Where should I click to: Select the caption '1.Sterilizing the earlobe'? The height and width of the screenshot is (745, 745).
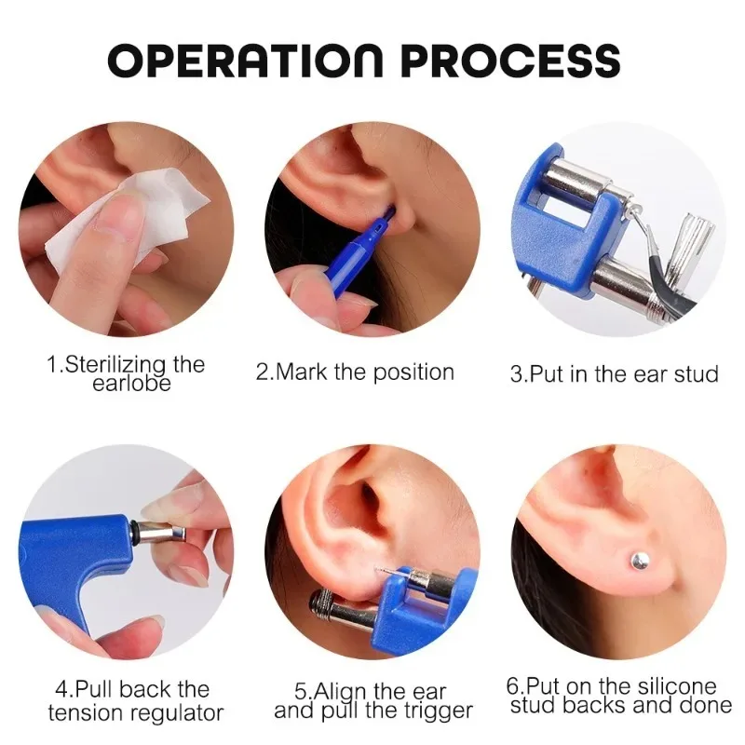click(x=126, y=372)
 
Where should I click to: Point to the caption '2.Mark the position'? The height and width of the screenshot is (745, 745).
click(x=355, y=372)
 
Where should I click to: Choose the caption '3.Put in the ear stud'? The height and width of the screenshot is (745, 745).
click(x=615, y=374)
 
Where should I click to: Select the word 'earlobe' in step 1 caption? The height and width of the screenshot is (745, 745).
click(x=131, y=384)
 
